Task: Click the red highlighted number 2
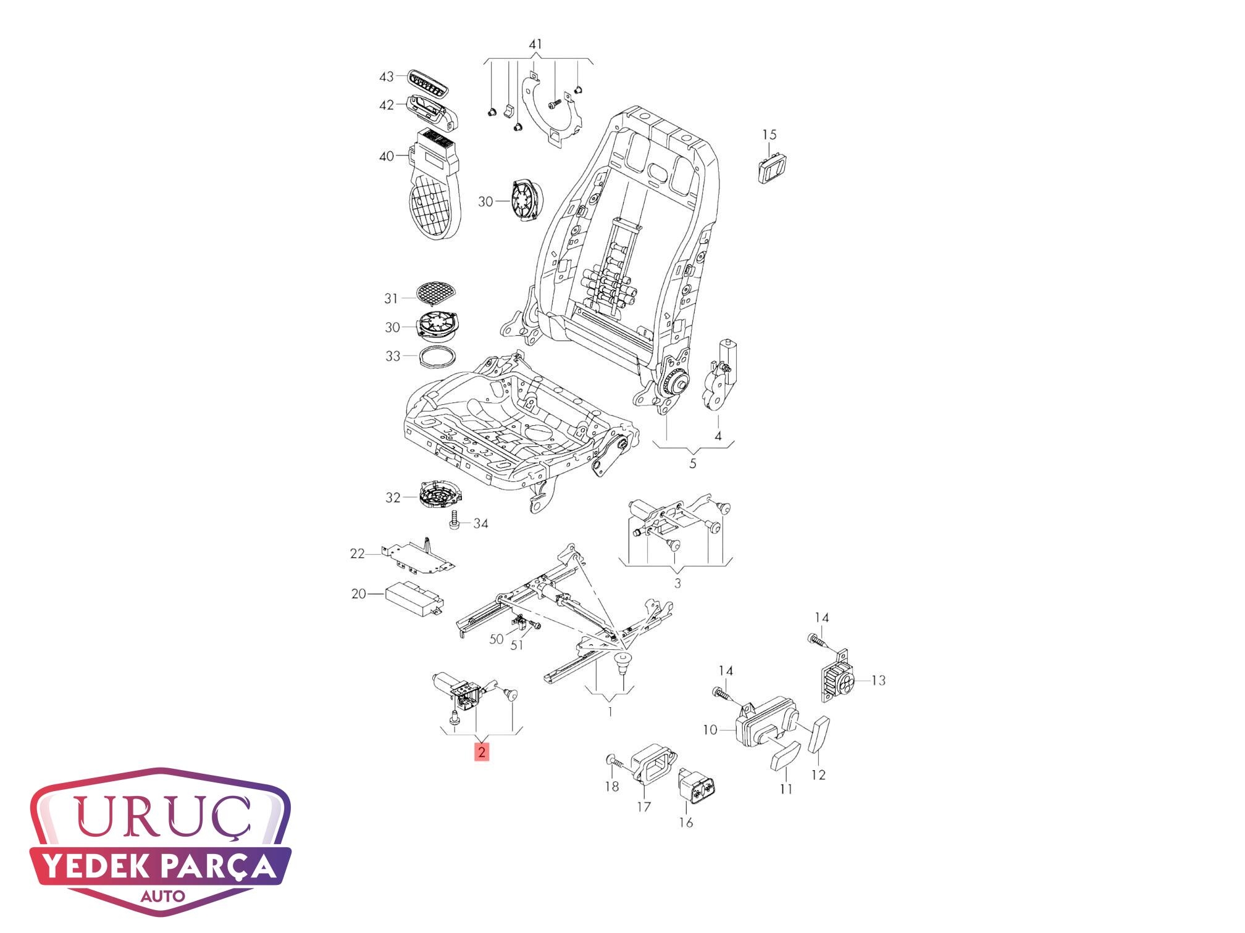click(x=482, y=752)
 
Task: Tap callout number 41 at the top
click(x=535, y=44)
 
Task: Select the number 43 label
click(x=386, y=77)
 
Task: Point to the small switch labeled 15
click(x=772, y=167)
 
